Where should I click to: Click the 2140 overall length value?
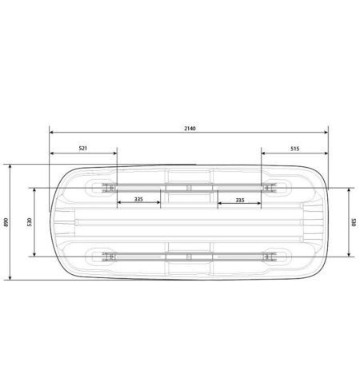tap(190, 129)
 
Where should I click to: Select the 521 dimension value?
tap(83, 149)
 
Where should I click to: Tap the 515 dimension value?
tap(295, 149)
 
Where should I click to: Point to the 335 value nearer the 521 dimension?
tap(138, 199)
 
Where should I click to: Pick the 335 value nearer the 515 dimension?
tap(240, 200)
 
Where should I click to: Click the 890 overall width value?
tap(6, 222)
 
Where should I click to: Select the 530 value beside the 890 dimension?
tap(30, 222)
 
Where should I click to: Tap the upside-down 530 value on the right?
tap(354, 222)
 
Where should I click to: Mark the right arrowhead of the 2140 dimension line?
tap(326, 132)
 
